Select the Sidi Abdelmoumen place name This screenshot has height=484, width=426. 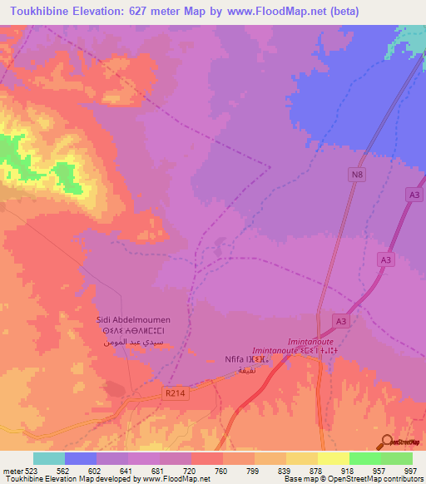132,319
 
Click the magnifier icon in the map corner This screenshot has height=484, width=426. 388,442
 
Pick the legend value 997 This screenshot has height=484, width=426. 409,470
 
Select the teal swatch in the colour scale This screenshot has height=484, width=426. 49,458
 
